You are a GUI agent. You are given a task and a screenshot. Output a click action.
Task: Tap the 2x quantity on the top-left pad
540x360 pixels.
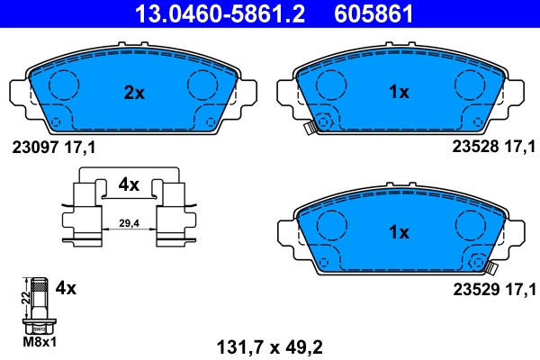pyautogui.click(x=134, y=91)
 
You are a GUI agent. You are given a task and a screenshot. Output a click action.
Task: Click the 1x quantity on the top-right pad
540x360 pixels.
pyautogui.click(x=399, y=91)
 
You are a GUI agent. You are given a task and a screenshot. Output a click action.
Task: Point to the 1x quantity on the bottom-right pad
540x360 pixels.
pyautogui.click(x=399, y=231)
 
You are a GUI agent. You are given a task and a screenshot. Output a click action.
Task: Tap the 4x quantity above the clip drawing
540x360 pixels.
pyautogui.click(x=129, y=184)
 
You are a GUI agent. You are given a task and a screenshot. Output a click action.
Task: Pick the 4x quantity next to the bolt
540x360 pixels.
pyautogui.click(x=65, y=289)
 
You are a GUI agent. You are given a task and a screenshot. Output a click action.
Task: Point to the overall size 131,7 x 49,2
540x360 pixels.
pyautogui.click(x=269, y=343)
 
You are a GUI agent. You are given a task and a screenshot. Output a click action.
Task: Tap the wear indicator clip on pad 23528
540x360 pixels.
pyautogui.click(x=308, y=127)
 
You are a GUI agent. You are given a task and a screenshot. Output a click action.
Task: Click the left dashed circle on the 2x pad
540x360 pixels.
pyautogui.click(x=62, y=85)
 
